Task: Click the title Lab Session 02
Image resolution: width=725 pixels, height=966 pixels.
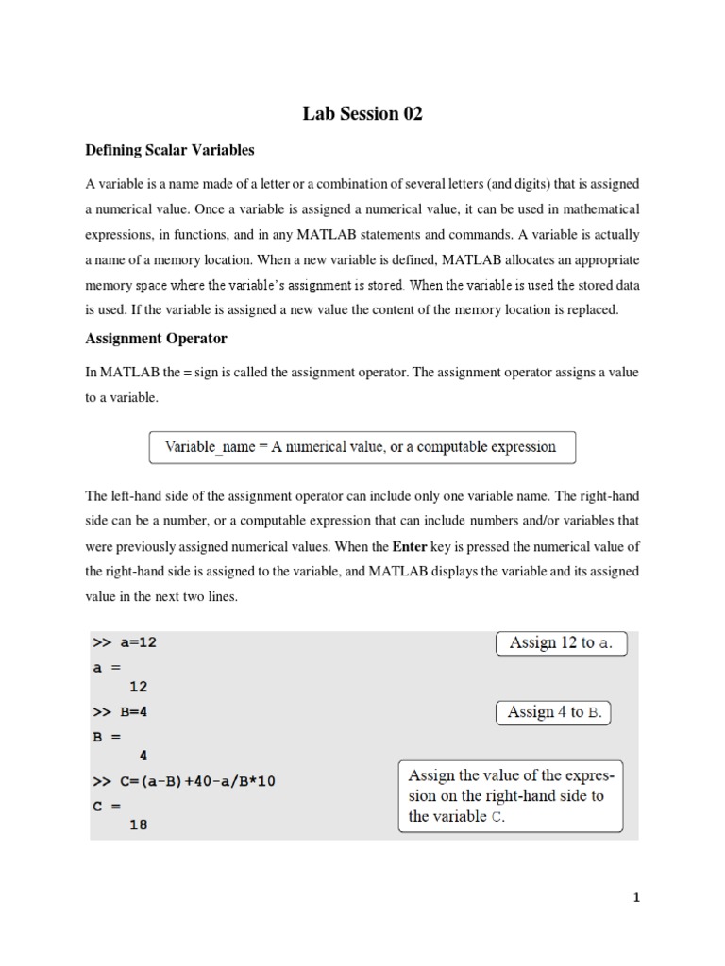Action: pyautogui.click(x=362, y=114)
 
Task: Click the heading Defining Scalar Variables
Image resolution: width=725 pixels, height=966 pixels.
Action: pyautogui.click(x=170, y=150)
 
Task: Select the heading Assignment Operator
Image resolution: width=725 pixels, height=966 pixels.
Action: pyautogui.click(x=156, y=338)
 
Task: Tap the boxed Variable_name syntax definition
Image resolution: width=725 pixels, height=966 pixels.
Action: pyautogui.click(x=362, y=447)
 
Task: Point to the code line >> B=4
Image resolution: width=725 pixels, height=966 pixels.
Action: pyautogui.click(x=120, y=712)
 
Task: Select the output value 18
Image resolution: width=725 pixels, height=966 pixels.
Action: pyautogui.click(x=138, y=824)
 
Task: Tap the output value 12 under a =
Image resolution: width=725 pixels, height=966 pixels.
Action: pyautogui.click(x=138, y=687)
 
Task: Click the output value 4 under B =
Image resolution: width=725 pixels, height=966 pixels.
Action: pyautogui.click(x=143, y=755)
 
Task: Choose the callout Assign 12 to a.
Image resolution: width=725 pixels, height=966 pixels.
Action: pyautogui.click(x=561, y=643)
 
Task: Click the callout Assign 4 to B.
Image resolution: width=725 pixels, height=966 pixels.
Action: pyautogui.click(x=554, y=712)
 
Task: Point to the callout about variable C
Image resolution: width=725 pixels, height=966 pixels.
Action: pyautogui.click(x=511, y=796)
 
